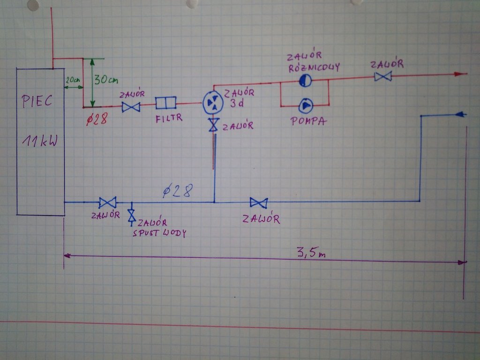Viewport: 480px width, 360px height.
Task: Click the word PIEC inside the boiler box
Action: pyautogui.click(x=37, y=101)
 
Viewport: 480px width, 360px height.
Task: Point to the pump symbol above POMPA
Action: pyautogui.click(x=306, y=106)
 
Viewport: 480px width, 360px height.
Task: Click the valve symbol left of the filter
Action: pyautogui.click(x=131, y=107)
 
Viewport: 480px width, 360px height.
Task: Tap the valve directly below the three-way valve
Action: pyautogui.click(x=214, y=125)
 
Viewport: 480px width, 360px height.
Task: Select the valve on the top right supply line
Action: pyautogui.click(x=383, y=76)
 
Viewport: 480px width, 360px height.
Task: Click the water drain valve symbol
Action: pyautogui.click(x=132, y=215)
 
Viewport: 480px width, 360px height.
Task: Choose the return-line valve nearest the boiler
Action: pyautogui.click(x=108, y=202)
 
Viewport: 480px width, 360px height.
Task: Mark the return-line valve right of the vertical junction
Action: pyautogui.click(x=258, y=202)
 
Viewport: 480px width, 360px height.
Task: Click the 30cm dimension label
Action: pyautogui.click(x=106, y=80)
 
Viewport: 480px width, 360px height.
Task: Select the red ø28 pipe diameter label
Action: pyautogui.click(x=97, y=120)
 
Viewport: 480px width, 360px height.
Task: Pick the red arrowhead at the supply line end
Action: pyautogui.click(x=461, y=74)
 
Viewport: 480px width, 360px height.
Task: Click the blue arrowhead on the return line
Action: pyautogui.click(x=460, y=114)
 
